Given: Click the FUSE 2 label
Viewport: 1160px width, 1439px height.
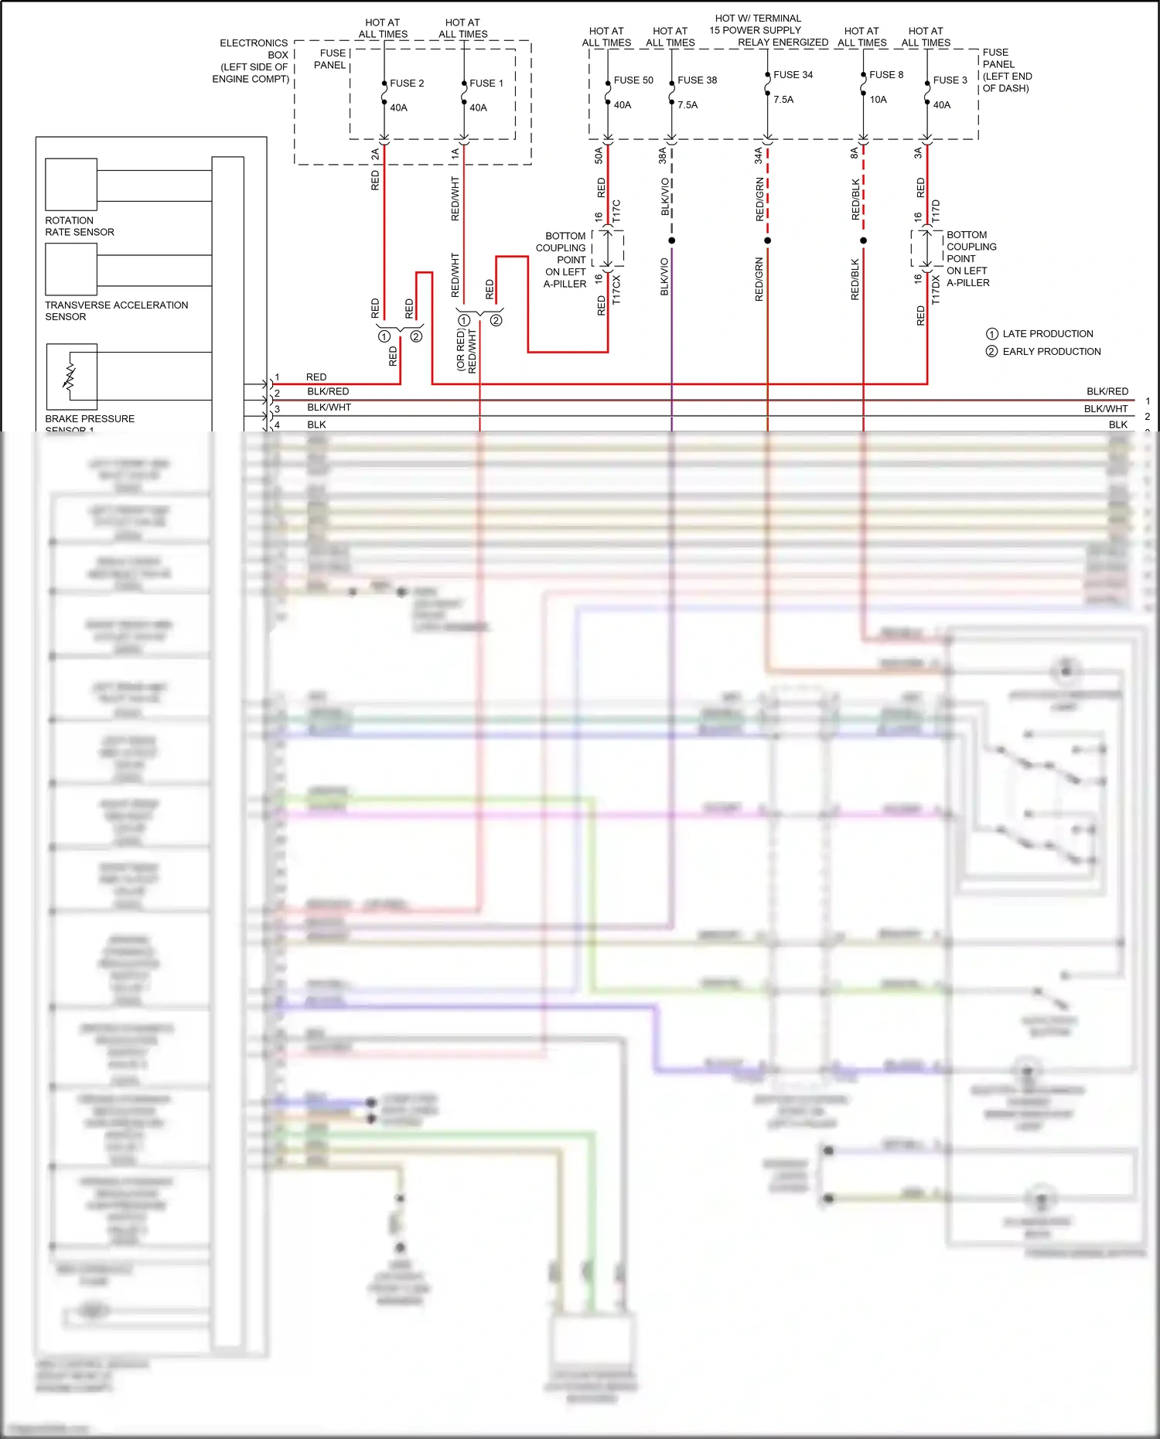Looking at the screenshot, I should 406,84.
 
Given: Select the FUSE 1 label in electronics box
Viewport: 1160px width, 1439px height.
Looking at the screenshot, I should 486,84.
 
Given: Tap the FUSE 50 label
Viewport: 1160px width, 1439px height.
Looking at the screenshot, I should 633,80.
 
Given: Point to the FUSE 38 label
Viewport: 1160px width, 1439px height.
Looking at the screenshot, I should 697,80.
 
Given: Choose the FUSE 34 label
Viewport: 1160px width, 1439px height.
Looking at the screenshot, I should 793,75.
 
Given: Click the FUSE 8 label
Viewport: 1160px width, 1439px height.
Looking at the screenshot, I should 885,75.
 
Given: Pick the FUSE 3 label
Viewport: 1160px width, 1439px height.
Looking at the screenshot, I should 950,80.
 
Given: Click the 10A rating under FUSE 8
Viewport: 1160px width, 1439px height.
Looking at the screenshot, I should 878,100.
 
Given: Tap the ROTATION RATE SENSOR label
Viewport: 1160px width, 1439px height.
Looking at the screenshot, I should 79,227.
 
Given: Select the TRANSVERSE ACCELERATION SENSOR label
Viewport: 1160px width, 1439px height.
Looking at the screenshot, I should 116,311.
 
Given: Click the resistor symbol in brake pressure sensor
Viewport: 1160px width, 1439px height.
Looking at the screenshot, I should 70,376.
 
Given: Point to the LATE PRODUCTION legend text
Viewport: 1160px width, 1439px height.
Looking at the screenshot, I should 1047,334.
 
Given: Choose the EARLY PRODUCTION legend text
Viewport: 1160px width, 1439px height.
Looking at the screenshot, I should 1051,352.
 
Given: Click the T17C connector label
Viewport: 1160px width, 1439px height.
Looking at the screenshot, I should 616,211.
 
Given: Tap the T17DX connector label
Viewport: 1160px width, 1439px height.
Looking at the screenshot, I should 936,290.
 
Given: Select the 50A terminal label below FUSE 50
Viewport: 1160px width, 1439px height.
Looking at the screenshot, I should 599,155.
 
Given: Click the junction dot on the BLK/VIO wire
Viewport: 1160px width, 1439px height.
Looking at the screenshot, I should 671,240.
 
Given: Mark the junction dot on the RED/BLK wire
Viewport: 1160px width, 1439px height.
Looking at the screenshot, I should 863,240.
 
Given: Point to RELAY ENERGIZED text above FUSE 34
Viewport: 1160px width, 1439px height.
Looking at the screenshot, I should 783,43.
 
